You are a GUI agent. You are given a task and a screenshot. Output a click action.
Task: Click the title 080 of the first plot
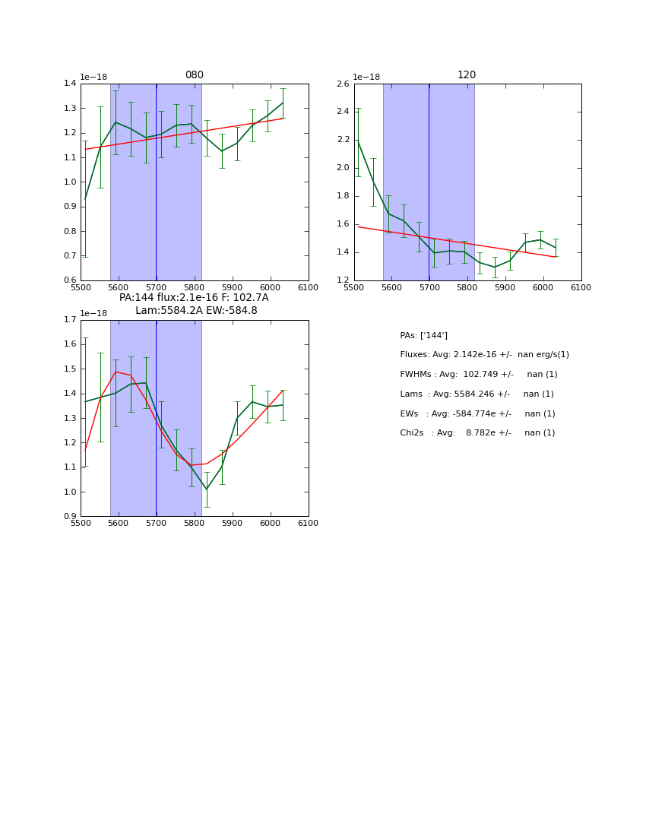tap(194, 75)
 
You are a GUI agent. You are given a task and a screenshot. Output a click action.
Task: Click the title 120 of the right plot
tap(467, 75)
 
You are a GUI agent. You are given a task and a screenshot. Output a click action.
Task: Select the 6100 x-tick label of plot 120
tap(581, 287)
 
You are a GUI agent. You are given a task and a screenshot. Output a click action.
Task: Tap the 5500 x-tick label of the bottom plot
tap(81, 524)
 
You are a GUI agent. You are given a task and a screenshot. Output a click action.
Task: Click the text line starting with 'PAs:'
tap(423, 335)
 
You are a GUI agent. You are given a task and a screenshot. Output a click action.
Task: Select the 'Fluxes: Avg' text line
tap(484, 355)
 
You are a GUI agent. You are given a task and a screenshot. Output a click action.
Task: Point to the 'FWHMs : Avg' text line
tap(479, 375)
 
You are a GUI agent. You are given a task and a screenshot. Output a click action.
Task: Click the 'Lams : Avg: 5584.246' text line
tap(477, 394)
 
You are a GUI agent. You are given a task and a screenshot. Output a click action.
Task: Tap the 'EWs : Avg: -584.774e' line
tap(477, 414)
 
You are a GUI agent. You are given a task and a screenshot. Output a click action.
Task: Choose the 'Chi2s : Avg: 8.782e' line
tap(477, 433)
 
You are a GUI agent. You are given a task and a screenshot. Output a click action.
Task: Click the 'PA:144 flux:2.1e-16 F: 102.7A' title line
tap(194, 298)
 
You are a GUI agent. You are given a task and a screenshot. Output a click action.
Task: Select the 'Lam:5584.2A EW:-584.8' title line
tap(196, 311)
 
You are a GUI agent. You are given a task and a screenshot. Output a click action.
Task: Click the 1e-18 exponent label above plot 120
tap(368, 77)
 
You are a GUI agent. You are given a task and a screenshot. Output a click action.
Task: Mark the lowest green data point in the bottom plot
tap(206, 489)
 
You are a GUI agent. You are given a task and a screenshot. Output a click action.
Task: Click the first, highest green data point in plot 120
tap(358, 141)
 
